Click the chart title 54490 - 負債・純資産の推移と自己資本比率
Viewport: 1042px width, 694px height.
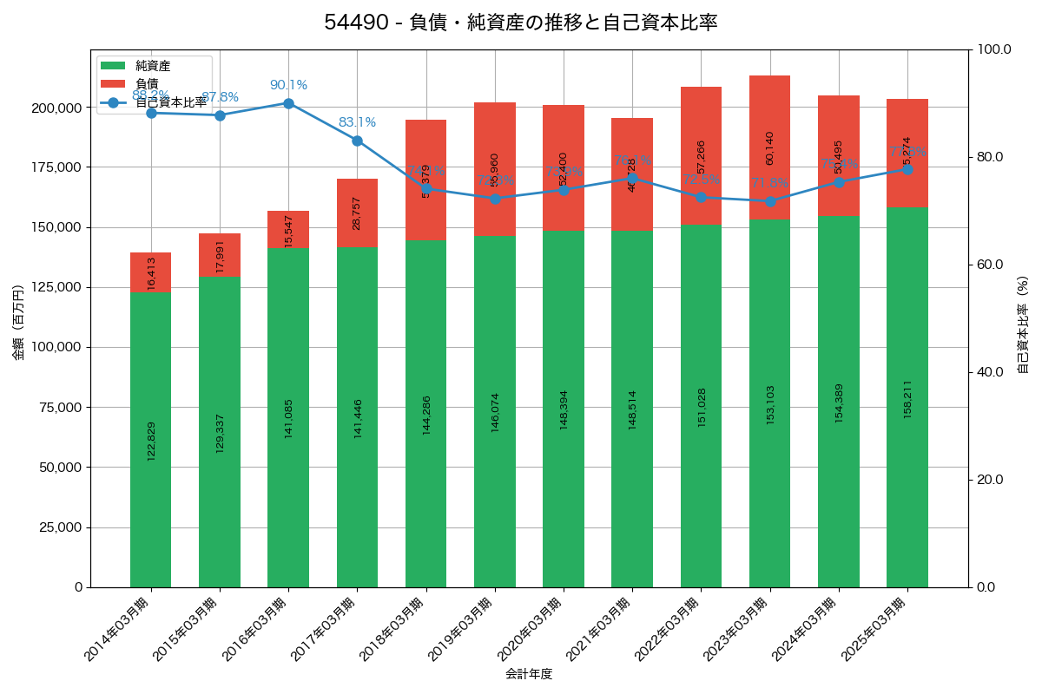click(521, 23)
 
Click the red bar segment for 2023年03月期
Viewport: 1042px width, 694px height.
click(769, 147)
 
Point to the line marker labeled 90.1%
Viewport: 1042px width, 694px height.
click(288, 103)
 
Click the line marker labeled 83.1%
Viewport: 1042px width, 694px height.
click(357, 141)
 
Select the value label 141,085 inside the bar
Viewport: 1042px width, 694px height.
click(288, 418)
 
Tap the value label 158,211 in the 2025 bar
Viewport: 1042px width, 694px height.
click(907, 399)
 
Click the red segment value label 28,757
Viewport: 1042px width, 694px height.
click(357, 213)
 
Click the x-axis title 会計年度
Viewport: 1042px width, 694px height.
click(529, 673)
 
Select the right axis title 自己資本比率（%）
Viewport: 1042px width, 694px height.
click(1023, 324)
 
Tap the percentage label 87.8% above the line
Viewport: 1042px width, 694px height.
click(220, 97)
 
